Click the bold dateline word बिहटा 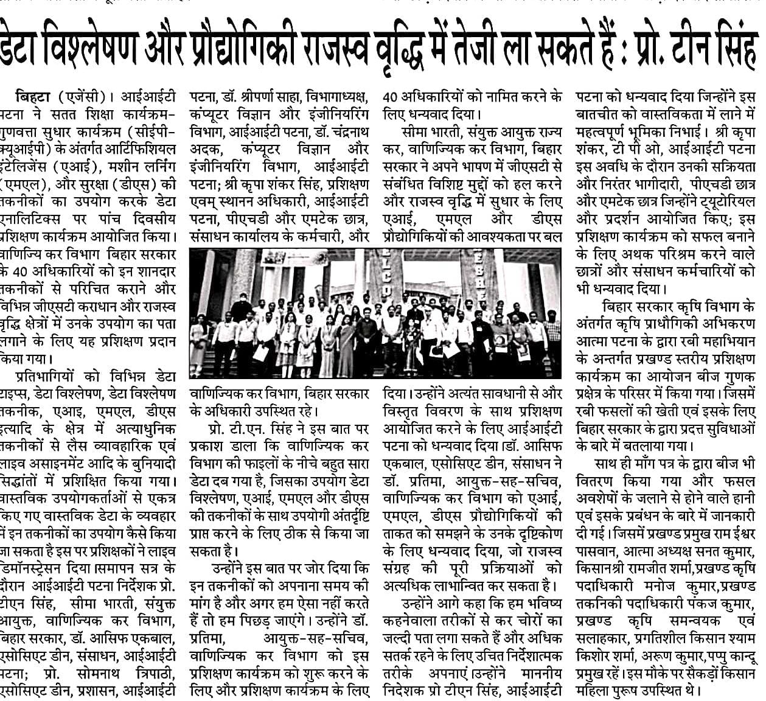pyautogui.click(x=36, y=97)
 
